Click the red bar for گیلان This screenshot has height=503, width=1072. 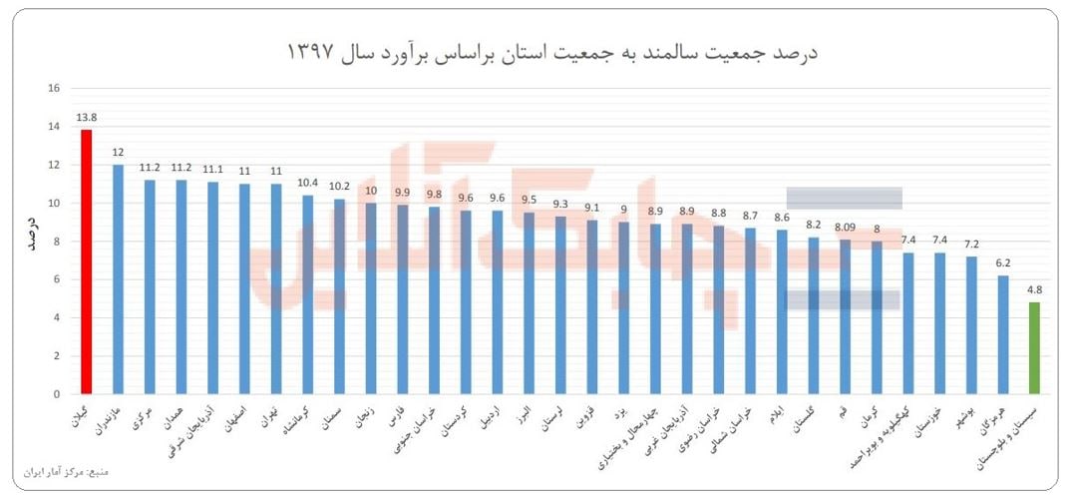(87, 261)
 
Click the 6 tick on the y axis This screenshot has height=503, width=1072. (57, 279)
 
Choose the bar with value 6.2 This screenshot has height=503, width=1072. (1002, 334)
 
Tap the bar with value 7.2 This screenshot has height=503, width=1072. (971, 324)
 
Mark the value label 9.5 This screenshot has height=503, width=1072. (529, 200)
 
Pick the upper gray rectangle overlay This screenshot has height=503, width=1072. (844, 198)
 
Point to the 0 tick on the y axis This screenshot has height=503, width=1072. (57, 394)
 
